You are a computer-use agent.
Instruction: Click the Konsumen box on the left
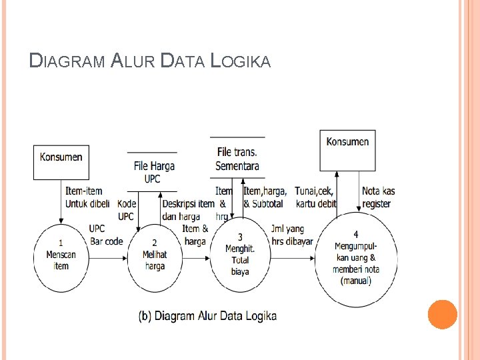click(61, 162)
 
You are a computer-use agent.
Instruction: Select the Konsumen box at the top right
click(347, 149)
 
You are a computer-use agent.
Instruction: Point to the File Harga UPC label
click(152, 172)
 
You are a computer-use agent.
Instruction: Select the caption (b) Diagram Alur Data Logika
click(207, 316)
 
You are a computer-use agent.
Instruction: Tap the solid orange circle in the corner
click(442, 314)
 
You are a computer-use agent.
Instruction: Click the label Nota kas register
click(378, 197)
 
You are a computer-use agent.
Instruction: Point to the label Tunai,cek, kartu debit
click(315, 197)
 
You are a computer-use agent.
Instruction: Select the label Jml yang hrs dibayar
click(292, 235)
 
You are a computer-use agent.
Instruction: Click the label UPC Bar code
click(106, 235)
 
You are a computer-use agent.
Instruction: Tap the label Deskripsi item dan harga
click(188, 209)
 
